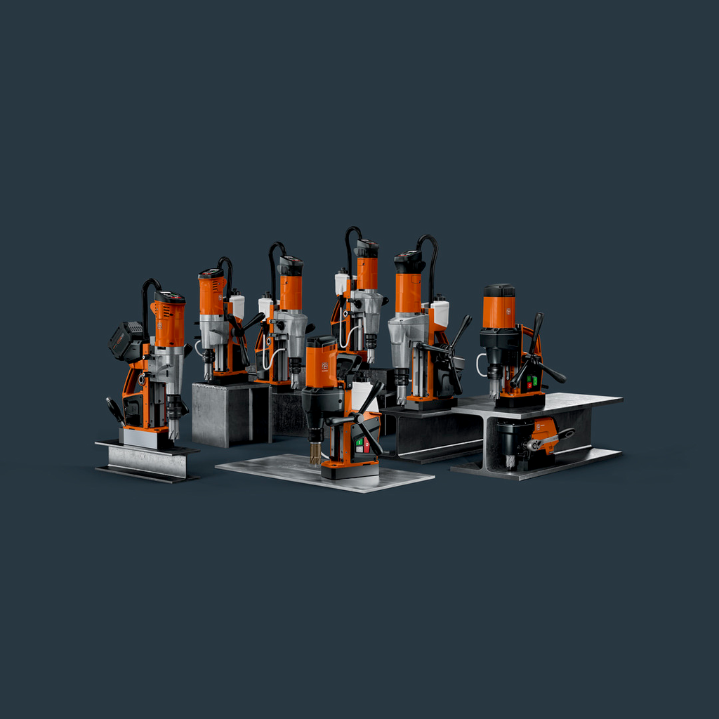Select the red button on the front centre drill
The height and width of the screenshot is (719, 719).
367,444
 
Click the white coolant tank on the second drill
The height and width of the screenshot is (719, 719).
237,307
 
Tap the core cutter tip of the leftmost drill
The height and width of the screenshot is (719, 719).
173,430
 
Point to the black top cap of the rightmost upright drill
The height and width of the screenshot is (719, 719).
499,290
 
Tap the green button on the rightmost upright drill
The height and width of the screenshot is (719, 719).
533,380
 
